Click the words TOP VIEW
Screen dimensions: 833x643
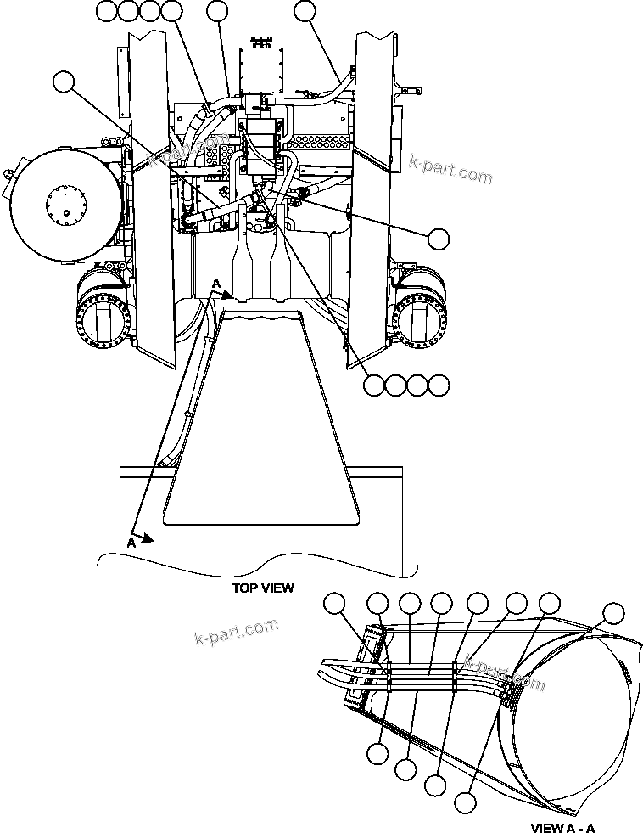[263, 588]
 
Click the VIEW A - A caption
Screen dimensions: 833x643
[562, 826]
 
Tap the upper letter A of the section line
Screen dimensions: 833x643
[217, 283]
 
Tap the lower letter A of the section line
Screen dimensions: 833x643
[131, 541]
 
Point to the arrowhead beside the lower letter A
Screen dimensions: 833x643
[148, 537]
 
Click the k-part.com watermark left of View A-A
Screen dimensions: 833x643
[236, 633]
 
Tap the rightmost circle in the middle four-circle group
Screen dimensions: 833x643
[438, 385]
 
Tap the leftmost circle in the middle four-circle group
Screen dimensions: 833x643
[374, 385]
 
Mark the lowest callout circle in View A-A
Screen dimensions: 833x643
[465, 801]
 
